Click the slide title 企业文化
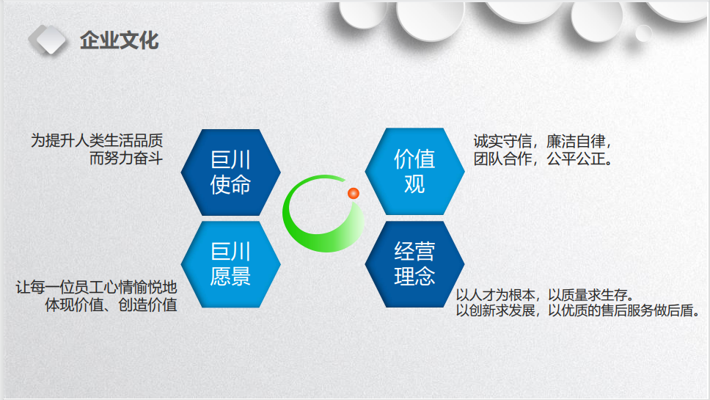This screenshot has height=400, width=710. (x=119, y=41)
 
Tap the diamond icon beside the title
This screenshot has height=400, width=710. (x=48, y=40)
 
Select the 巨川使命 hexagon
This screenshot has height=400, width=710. (x=231, y=172)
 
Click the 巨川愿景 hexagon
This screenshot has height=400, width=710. (x=231, y=264)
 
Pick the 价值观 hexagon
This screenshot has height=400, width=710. (x=414, y=171)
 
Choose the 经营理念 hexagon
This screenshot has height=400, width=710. (x=414, y=264)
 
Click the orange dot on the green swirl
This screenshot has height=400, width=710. (x=354, y=194)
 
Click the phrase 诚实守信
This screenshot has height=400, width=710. (x=502, y=142)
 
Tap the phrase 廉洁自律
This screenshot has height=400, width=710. (x=576, y=142)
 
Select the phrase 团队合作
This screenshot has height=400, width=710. (x=502, y=159)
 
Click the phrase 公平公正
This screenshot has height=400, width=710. (x=576, y=159)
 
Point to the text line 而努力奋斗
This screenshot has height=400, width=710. (x=126, y=158)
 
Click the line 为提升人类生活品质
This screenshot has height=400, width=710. (x=97, y=140)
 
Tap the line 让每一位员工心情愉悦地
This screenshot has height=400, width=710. (x=96, y=287)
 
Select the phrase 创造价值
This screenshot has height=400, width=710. (x=147, y=305)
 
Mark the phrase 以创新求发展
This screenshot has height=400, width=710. (x=495, y=310)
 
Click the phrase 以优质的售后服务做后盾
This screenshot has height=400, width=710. (x=621, y=310)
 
